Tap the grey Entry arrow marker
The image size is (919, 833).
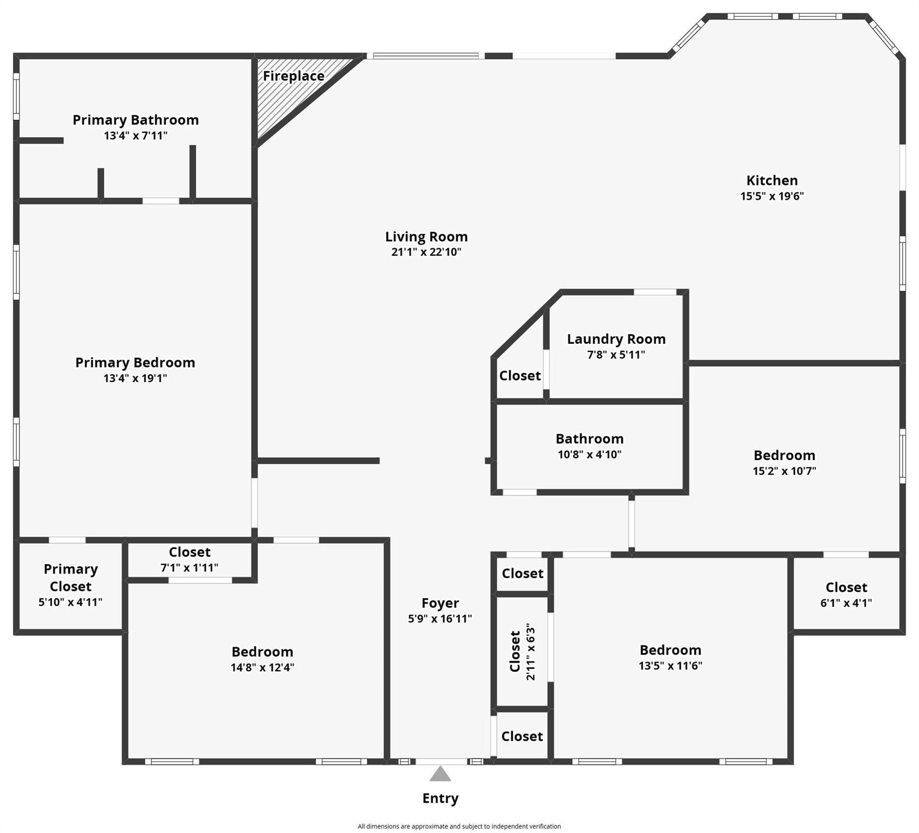(440, 774)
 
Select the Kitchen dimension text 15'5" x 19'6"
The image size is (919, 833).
(771, 196)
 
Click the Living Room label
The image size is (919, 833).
(426, 236)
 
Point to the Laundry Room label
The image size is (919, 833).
(616, 339)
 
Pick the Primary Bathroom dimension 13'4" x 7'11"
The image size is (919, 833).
(136, 136)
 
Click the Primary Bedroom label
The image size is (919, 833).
(135, 362)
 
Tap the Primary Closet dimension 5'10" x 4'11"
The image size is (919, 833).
(70, 602)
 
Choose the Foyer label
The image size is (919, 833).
(440, 603)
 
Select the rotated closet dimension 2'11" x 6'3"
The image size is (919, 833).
(531, 651)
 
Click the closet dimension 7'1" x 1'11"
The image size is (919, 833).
(189, 568)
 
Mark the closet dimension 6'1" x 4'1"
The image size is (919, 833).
(846, 603)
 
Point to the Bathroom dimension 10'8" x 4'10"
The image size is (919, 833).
(589, 454)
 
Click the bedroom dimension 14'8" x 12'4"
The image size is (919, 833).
(262, 668)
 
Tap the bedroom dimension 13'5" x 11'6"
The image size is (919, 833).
(670, 666)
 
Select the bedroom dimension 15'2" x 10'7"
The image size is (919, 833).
(784, 471)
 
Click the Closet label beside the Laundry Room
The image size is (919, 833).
(520, 376)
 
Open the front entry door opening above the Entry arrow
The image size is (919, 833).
(441, 761)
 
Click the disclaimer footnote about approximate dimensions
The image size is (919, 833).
(459, 826)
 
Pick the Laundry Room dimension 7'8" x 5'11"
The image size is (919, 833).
(616, 355)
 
